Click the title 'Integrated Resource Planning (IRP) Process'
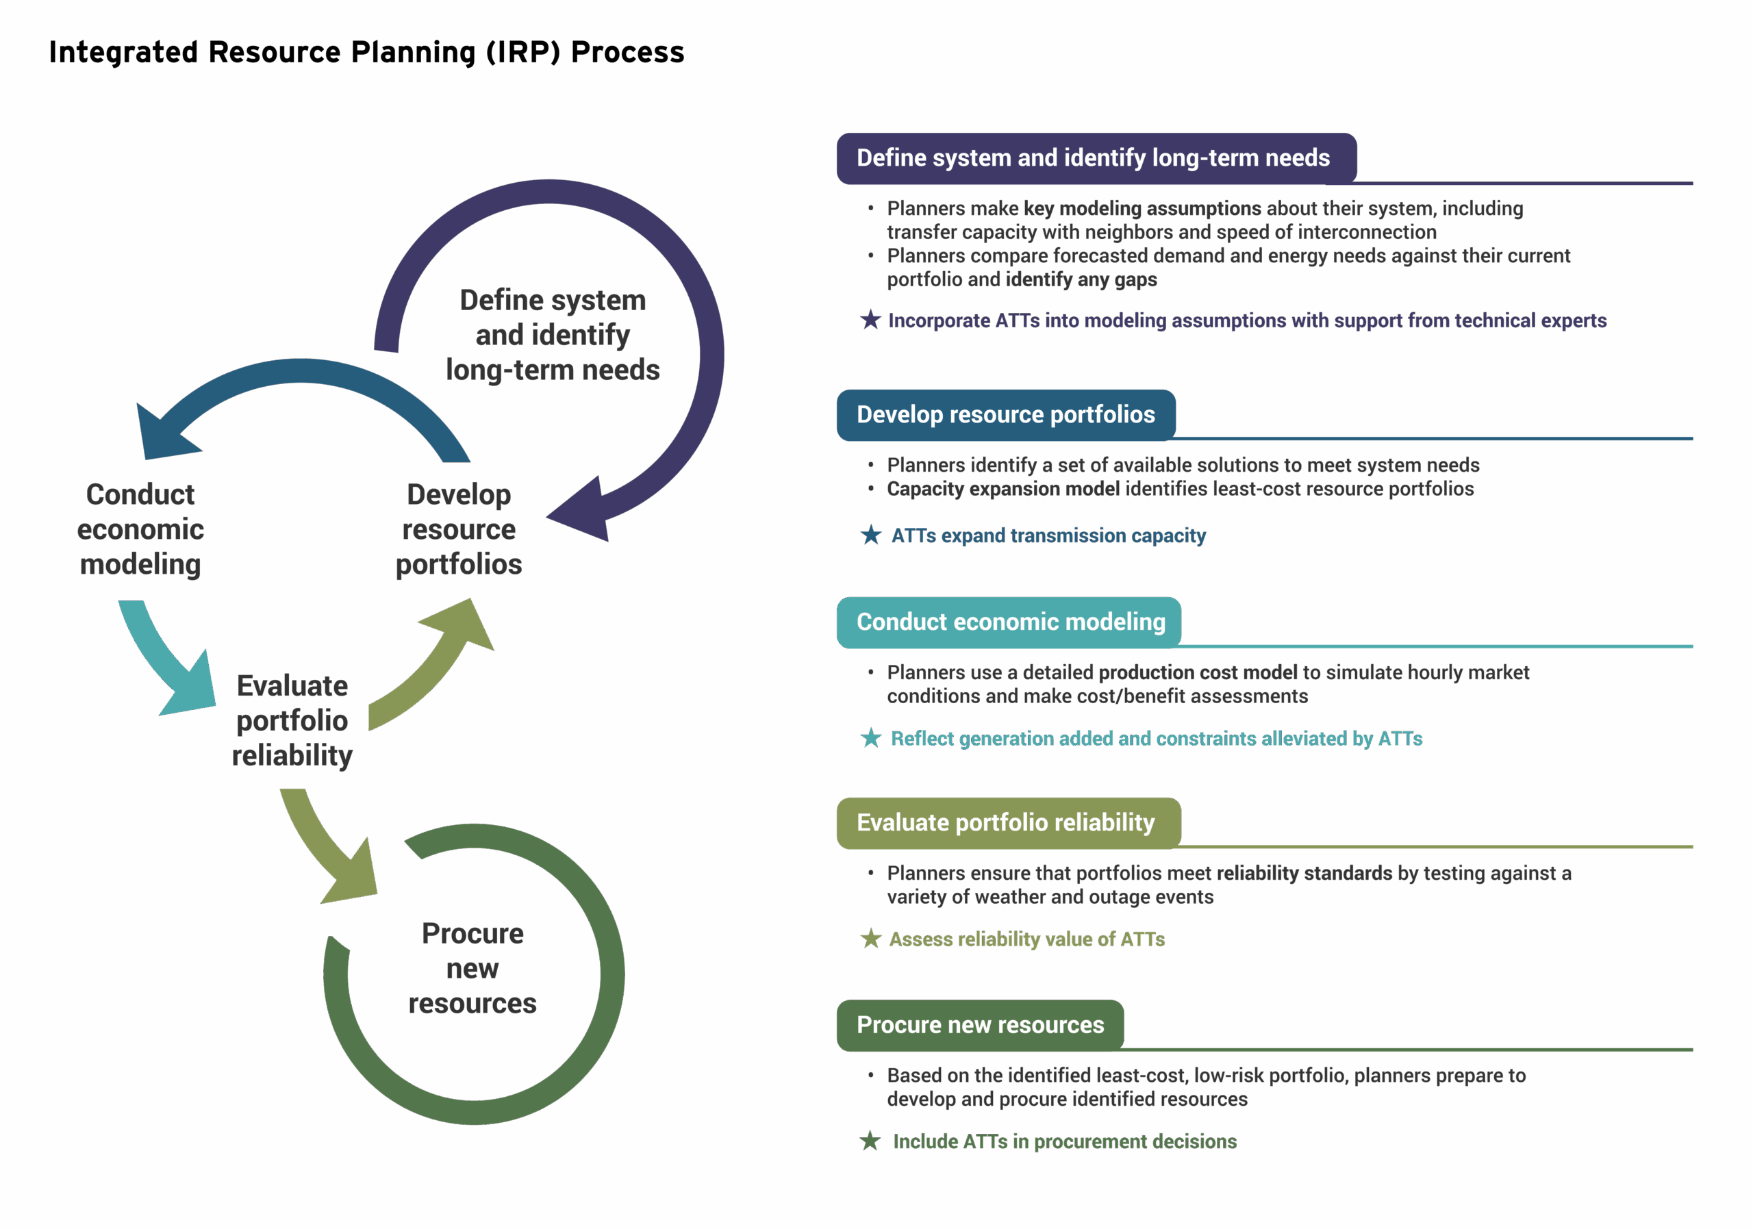click(x=366, y=53)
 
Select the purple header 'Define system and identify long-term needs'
click(x=1094, y=158)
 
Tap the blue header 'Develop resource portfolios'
click(x=1005, y=414)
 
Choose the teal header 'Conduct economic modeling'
click(x=1010, y=622)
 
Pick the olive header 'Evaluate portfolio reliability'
click(x=1005, y=823)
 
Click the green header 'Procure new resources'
click(x=981, y=1024)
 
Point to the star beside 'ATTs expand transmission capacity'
click(x=870, y=535)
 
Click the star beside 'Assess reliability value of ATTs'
click(x=870, y=939)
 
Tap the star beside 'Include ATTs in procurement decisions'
click(x=870, y=1141)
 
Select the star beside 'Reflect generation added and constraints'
click(x=870, y=738)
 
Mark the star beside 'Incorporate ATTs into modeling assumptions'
click(x=870, y=320)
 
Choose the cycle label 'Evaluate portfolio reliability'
click(x=292, y=720)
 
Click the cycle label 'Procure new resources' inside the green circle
click(x=472, y=968)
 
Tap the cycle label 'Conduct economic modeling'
click(x=140, y=529)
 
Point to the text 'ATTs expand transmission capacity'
click(x=1048, y=536)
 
